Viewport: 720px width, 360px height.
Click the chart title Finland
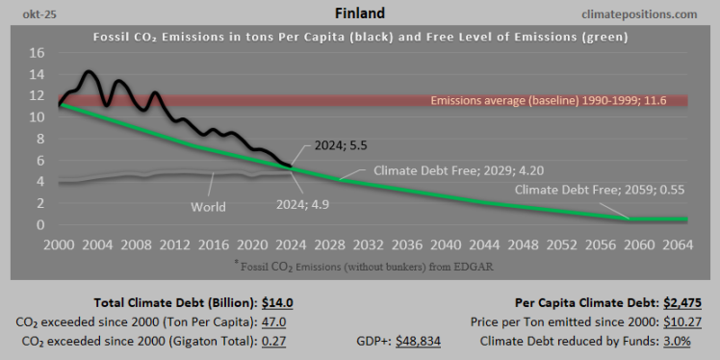[360, 13]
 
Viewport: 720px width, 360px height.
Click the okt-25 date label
[29, 13]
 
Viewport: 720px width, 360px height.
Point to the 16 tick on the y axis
[37, 52]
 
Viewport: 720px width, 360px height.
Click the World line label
[207, 206]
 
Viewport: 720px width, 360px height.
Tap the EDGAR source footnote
[360, 264]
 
